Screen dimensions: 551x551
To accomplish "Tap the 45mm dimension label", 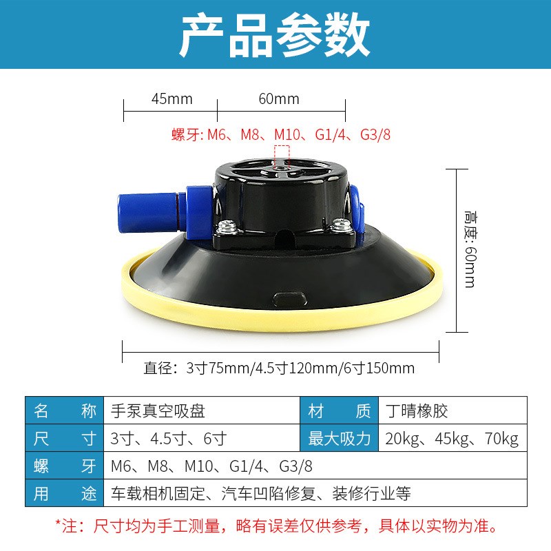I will click(x=171, y=98).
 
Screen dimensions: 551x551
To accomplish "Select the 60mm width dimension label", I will click(x=279, y=98).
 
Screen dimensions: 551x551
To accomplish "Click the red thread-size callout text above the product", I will click(x=281, y=134).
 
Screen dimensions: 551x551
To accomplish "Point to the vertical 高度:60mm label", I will click(x=470, y=248).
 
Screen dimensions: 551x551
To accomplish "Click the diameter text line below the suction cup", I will click(x=279, y=368).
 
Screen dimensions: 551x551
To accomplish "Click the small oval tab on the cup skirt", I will click(x=290, y=298).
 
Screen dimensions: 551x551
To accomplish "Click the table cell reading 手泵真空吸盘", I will click(x=158, y=412).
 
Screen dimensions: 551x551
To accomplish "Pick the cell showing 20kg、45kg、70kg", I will click(x=453, y=439).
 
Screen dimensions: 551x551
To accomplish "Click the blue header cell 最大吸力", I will click(x=340, y=439).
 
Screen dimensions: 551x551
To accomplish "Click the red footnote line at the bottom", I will click(x=275, y=527).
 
